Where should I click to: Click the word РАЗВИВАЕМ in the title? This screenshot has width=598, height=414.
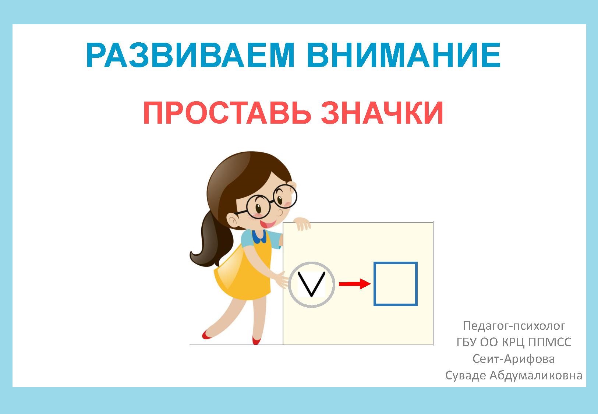tap(190, 55)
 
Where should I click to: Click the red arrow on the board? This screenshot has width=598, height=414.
tap(354, 284)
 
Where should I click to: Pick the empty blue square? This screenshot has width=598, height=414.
tap(395, 284)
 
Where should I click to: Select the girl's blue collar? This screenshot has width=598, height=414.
tap(261, 236)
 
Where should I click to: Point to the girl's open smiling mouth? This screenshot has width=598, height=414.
tap(269, 223)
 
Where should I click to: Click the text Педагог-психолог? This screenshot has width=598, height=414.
tap(514, 326)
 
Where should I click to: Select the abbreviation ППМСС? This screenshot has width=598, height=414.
tap(550, 343)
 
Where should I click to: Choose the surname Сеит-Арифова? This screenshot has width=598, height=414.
tap(513, 359)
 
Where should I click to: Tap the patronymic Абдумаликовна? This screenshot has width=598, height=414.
tap(536, 375)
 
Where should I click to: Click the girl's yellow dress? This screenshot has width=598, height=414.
tap(243, 272)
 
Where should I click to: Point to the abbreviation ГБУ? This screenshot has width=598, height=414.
tap(467, 343)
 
